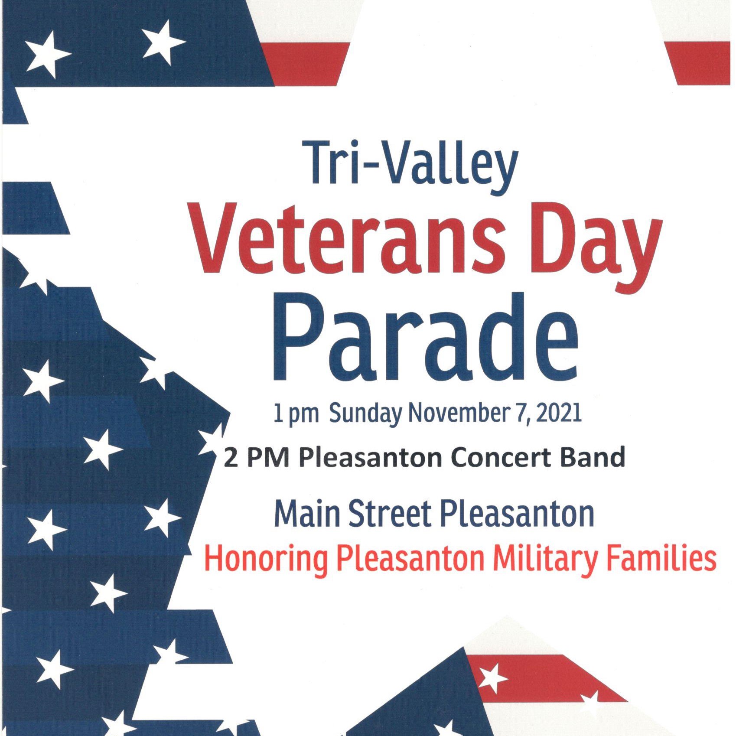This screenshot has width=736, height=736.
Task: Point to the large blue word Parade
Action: point(425,338)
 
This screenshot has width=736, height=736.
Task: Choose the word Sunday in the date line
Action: point(365,413)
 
